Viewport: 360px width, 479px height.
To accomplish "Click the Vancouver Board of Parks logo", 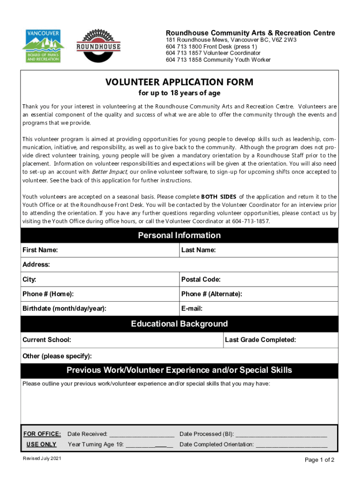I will point(42,46).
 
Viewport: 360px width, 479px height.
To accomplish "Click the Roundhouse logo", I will point(98,46).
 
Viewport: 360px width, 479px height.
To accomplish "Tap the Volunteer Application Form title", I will point(179,82).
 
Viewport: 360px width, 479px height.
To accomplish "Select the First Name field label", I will point(40,250).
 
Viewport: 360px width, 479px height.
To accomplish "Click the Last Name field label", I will point(198,250).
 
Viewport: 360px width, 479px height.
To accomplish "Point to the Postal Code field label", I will point(201,280).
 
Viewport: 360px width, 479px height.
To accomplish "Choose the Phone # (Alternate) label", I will point(211,294).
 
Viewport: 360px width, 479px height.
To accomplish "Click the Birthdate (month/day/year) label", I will point(65,309).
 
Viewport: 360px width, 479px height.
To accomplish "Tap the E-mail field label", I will point(192,309).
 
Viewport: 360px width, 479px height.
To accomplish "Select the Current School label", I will point(47,340).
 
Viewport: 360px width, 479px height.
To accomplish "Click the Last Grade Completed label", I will point(260,340).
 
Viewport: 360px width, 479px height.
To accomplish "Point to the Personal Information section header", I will point(179,235).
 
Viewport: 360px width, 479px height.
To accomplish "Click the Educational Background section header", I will point(179,324).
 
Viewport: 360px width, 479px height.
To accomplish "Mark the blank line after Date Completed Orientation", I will point(291,445).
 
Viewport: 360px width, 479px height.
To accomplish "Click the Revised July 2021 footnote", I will point(42,458).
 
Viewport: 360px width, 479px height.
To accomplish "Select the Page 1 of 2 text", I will point(319,460).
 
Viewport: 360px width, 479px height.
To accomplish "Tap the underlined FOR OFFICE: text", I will point(42,434).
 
